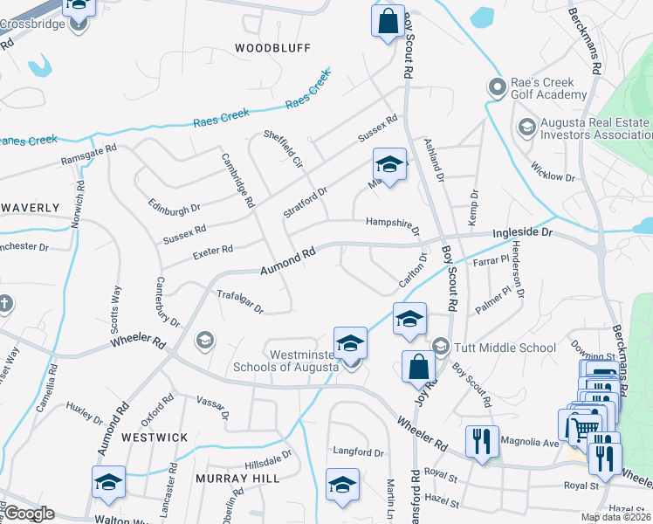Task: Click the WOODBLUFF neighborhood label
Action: pos(272,47)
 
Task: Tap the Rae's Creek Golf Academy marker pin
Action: pos(498,87)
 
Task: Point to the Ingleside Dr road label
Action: pos(523,233)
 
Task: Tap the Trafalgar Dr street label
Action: pos(239,302)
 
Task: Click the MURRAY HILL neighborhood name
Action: pos(237,479)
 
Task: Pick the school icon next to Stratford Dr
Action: pos(390,163)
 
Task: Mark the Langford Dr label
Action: pos(358,452)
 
